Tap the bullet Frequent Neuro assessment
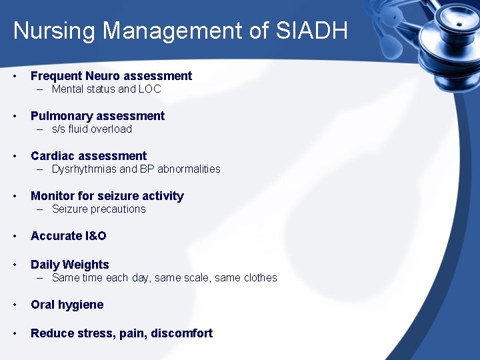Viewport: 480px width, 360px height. click(111, 76)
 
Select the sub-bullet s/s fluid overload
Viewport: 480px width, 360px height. click(92, 129)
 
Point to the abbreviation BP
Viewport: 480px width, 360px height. click(147, 169)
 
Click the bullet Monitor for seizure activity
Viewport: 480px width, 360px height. click(107, 196)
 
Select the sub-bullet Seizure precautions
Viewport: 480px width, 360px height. click(99, 209)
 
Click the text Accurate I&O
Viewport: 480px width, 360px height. click(68, 236)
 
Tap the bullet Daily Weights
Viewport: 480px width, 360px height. click(69, 265)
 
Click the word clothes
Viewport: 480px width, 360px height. click(260, 277)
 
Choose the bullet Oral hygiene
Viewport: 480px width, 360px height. click(67, 305)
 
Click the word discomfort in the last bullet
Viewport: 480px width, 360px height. click(183, 333)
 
